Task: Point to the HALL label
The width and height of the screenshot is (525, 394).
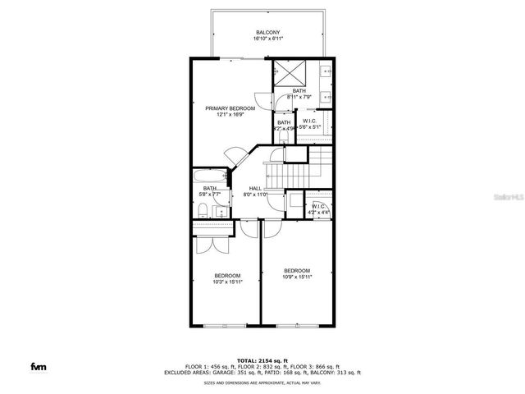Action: [x=255, y=189]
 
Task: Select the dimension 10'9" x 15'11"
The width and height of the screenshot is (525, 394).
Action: [x=296, y=277]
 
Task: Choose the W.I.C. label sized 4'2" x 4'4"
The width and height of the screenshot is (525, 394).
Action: [x=320, y=213]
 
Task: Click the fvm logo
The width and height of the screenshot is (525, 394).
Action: [x=39, y=365]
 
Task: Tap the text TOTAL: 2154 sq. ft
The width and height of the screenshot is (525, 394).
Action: [x=262, y=360]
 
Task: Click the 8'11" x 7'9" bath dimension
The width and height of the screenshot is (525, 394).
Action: [x=299, y=97]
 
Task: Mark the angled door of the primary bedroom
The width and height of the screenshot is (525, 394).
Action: [x=235, y=156]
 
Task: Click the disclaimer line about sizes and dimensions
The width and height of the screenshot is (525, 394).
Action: [x=262, y=383]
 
